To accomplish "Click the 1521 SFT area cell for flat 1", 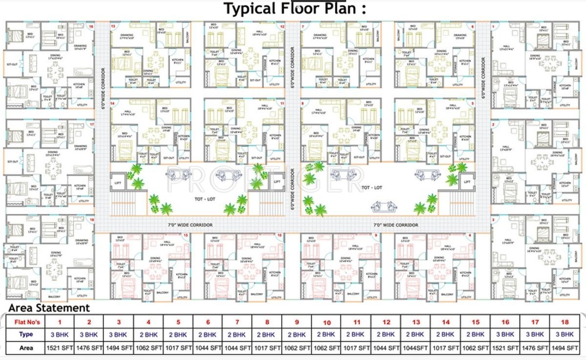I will pos(60,348).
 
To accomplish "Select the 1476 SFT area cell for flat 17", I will pos(535,348).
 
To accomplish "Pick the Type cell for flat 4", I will pos(148,335).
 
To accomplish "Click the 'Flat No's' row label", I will pos(26,322).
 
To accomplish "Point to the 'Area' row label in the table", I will pos(26,348).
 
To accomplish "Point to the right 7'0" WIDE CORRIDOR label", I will pos(396,225).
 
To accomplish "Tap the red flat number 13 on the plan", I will pos(113,26).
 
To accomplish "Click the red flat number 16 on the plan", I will pos(91,26).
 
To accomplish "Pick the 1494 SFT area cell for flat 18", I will pos(565,348).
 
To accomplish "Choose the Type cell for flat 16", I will pos(505,335).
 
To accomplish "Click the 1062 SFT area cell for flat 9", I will pos(297,348).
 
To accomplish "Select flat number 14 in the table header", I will pos(446,322).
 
